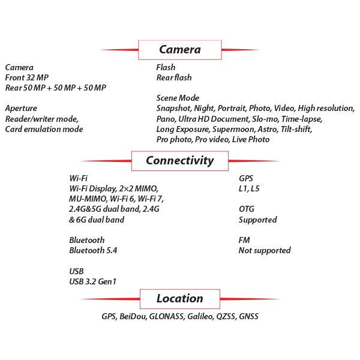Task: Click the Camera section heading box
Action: point(179,50)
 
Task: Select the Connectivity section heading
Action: point(179,161)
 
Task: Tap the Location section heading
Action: point(179,299)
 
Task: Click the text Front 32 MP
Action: point(28,77)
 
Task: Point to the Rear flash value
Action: point(174,77)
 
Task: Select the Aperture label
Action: point(21,109)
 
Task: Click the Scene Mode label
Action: point(178,98)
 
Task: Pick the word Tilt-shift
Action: point(295,129)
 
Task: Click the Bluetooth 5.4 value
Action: point(93,250)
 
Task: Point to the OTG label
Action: point(247,209)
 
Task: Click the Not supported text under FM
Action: point(265,250)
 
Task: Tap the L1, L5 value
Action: point(250,189)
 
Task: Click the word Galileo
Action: point(200,316)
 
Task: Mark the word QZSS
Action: point(228,316)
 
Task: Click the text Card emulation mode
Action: point(44,129)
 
